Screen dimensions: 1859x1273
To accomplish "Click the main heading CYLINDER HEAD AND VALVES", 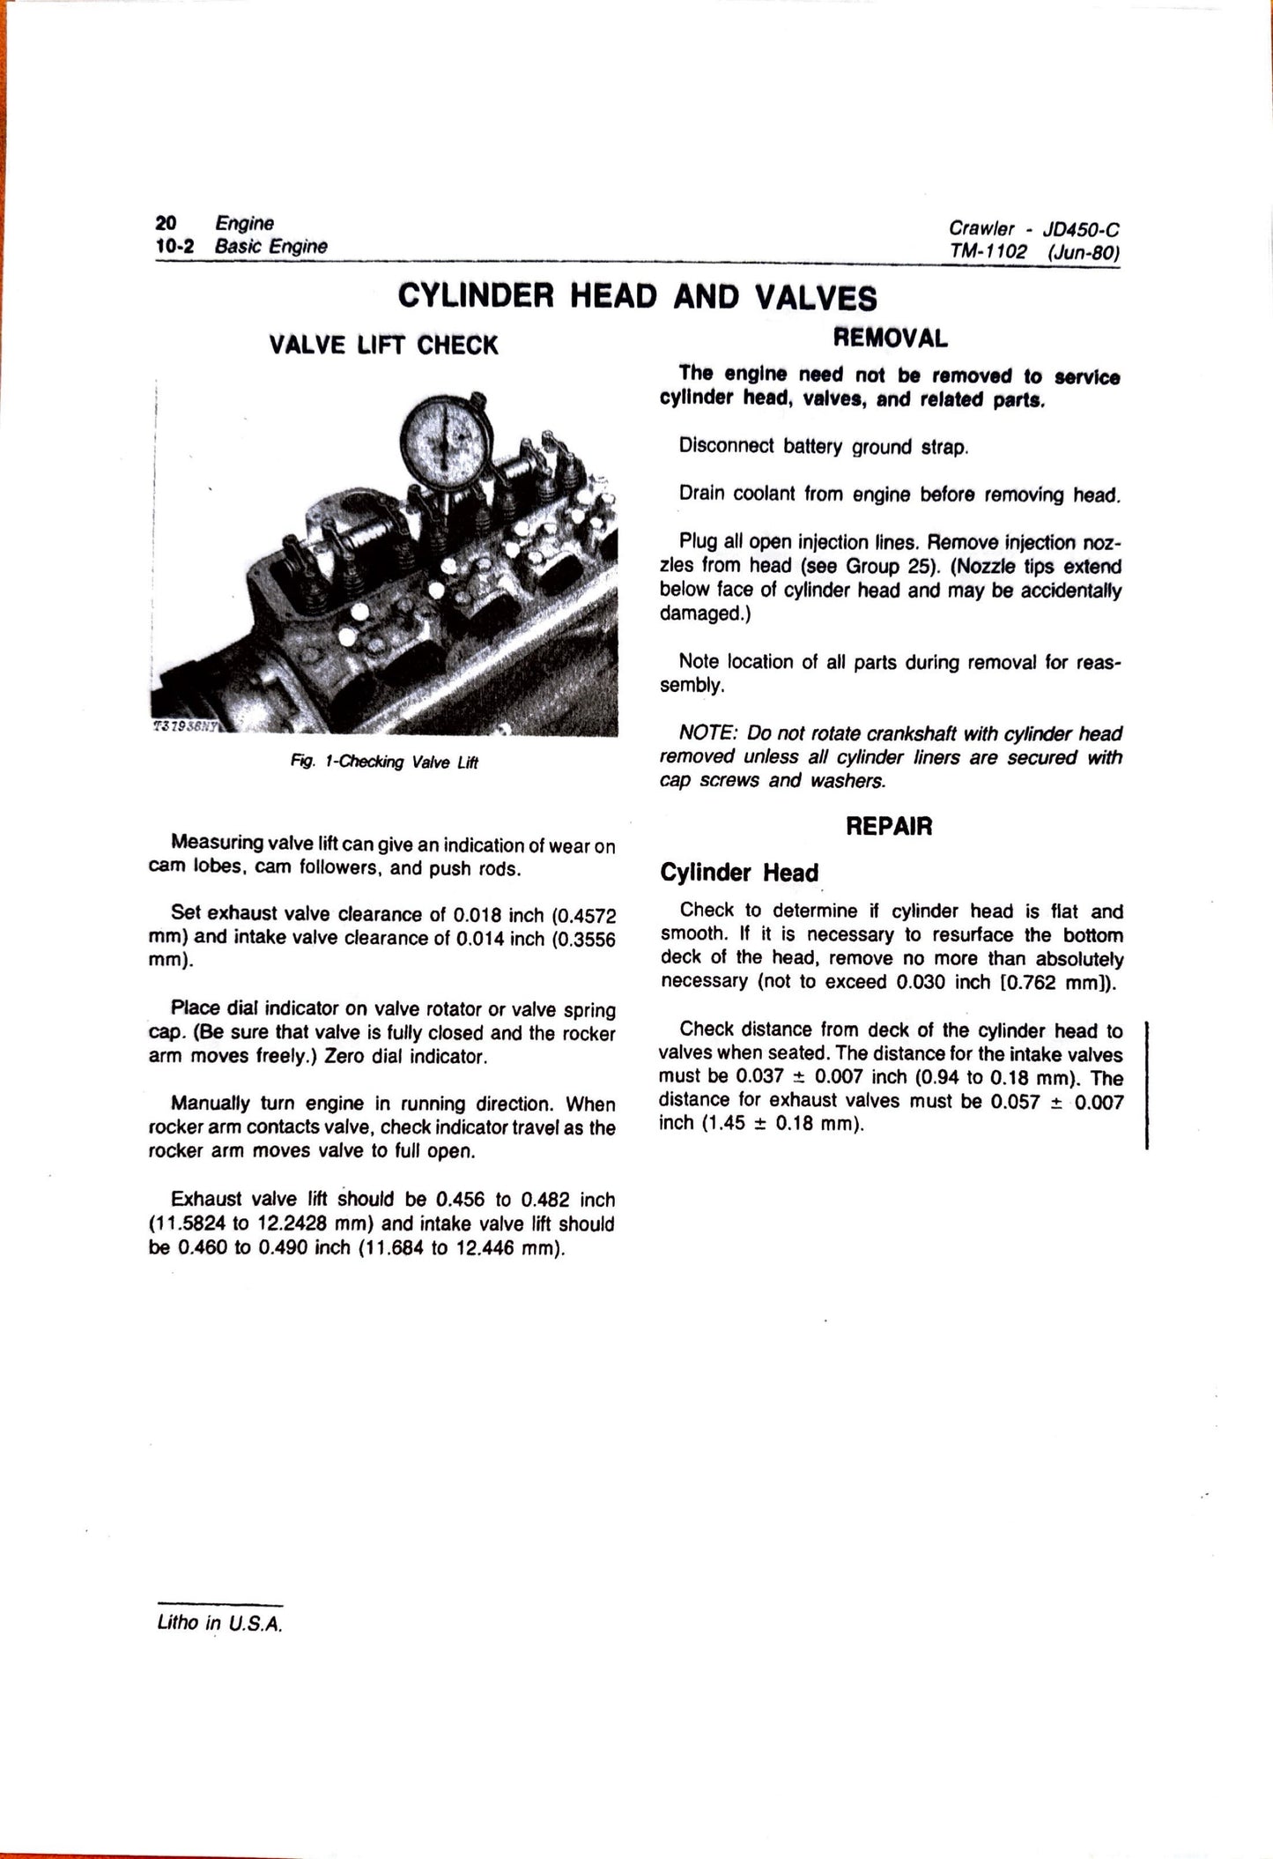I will (637, 296).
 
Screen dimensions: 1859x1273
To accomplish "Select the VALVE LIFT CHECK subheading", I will (383, 345).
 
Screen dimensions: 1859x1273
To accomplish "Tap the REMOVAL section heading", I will (890, 338).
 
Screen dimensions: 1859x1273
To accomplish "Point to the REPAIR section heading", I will (889, 826).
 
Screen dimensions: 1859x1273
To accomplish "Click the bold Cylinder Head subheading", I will (739, 873).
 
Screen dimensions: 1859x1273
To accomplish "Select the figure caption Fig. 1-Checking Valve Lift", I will (383, 762).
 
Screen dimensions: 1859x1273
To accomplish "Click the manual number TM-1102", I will (988, 252).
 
